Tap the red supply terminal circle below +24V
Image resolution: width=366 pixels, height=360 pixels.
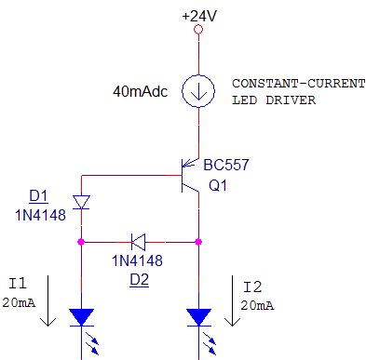click(197, 31)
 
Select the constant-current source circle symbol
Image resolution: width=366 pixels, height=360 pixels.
click(197, 91)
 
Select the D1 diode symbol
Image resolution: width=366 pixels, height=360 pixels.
click(81, 202)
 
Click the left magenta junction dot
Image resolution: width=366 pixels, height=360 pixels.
click(81, 241)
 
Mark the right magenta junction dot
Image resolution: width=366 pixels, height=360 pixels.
click(198, 241)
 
